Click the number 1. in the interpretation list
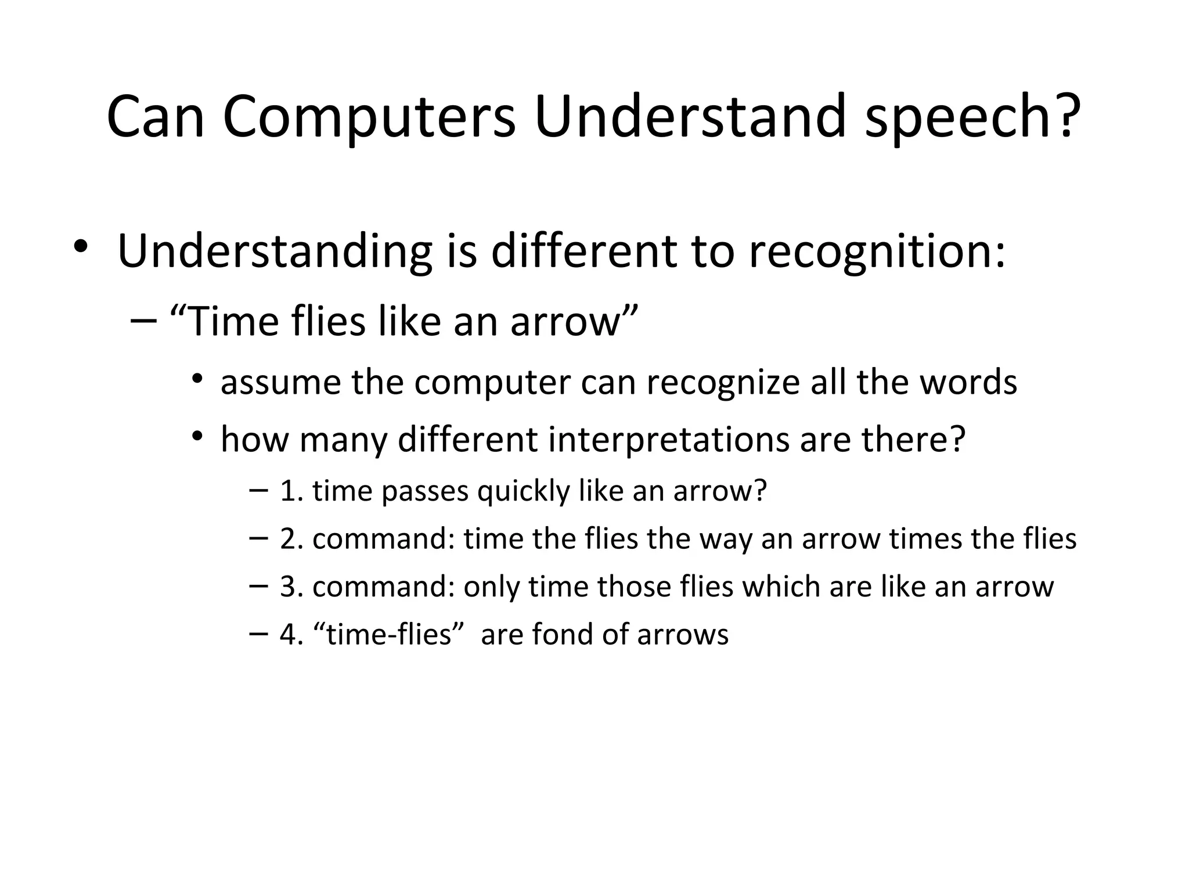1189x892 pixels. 291,491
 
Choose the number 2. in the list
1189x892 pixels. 291,539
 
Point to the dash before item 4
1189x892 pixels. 258,633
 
